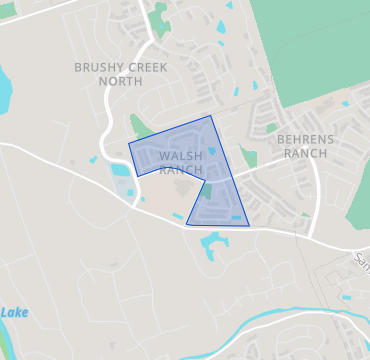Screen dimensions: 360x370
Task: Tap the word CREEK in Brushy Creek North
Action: pos(146,67)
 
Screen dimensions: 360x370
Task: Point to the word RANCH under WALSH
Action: pos(181,170)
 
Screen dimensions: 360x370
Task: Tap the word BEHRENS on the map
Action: pos(305,140)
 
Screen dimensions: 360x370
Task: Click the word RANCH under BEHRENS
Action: pos(305,154)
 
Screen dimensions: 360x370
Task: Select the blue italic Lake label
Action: pos(14,313)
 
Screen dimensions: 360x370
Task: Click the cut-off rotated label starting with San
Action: pos(361,261)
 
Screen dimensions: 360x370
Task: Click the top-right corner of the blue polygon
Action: pos(211,116)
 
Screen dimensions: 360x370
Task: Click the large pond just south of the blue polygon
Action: pos(213,244)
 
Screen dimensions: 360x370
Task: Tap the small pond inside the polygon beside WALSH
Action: pos(213,152)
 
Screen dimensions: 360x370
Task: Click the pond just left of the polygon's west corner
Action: pos(120,170)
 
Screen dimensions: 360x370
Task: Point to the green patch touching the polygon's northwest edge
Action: pos(141,127)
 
